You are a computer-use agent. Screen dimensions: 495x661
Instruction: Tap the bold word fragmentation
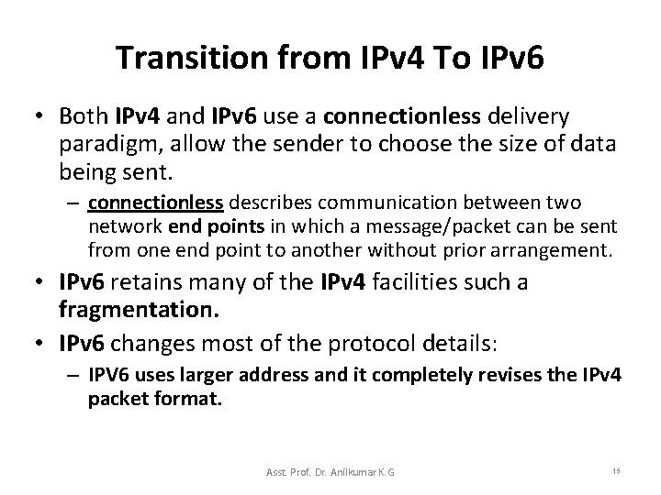click(140, 311)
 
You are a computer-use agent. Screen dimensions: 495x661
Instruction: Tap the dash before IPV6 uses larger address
click(77, 376)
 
